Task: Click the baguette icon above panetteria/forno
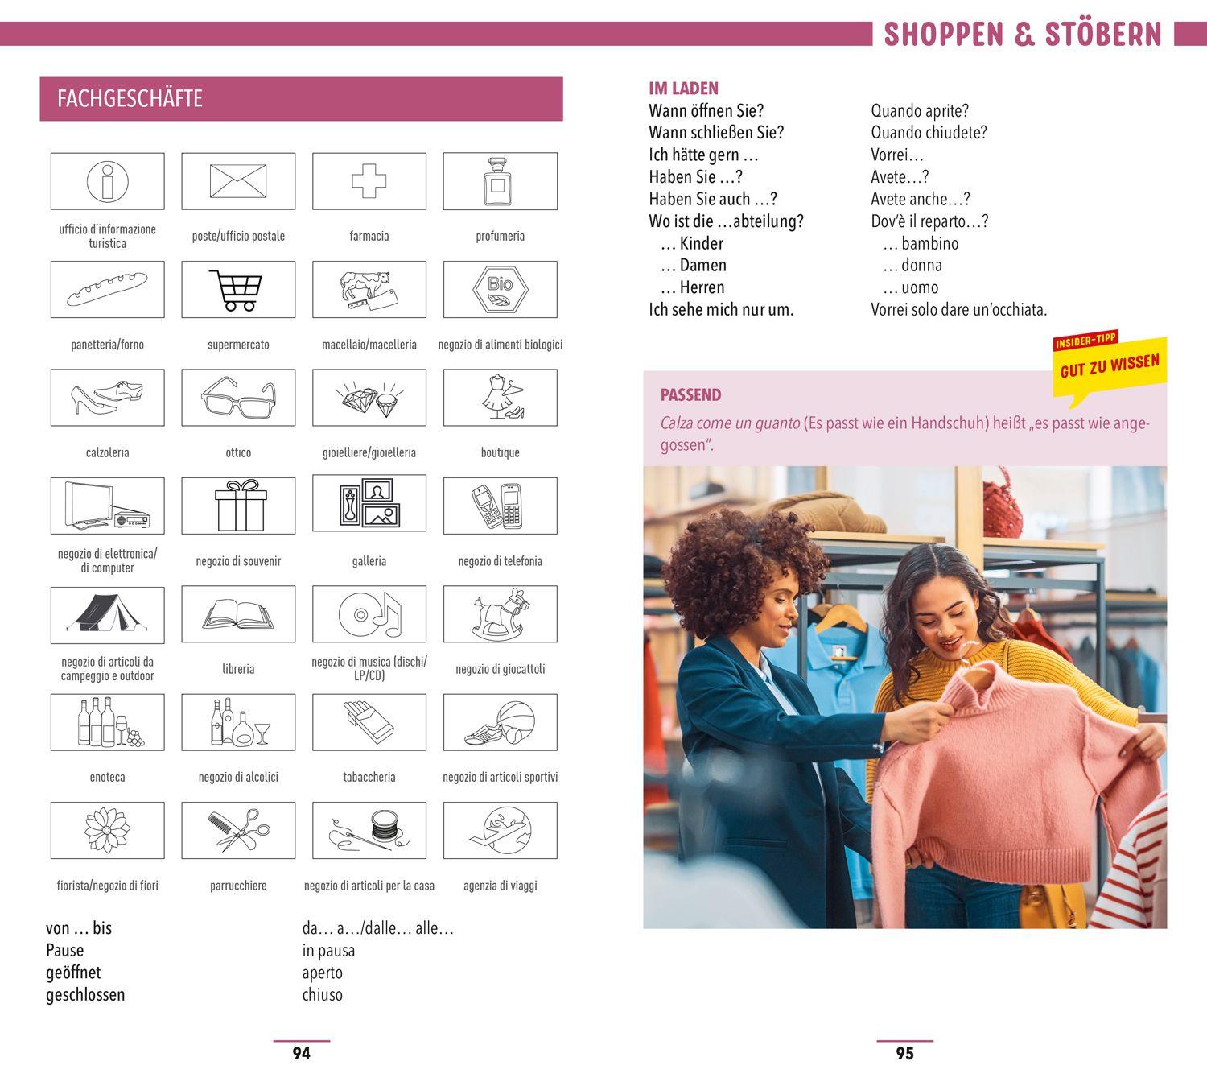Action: [x=107, y=289]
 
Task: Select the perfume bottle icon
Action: [x=498, y=181]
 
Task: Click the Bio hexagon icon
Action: [x=501, y=289]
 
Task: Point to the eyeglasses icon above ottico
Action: [x=238, y=398]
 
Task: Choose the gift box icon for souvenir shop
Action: [x=241, y=506]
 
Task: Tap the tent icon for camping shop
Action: [x=107, y=613]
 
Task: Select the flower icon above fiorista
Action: [x=107, y=830]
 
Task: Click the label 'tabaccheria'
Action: [x=369, y=777]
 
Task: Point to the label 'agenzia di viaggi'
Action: [x=501, y=886]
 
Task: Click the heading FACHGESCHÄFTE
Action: [x=130, y=98]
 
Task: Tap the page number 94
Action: [x=302, y=1053]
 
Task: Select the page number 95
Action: [x=905, y=1053]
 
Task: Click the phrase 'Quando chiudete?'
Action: [x=929, y=132]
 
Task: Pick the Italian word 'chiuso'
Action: [x=323, y=994]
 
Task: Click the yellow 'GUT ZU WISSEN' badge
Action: [x=1110, y=366]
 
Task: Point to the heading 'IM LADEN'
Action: [x=683, y=89]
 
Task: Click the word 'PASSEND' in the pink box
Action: [x=690, y=394]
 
